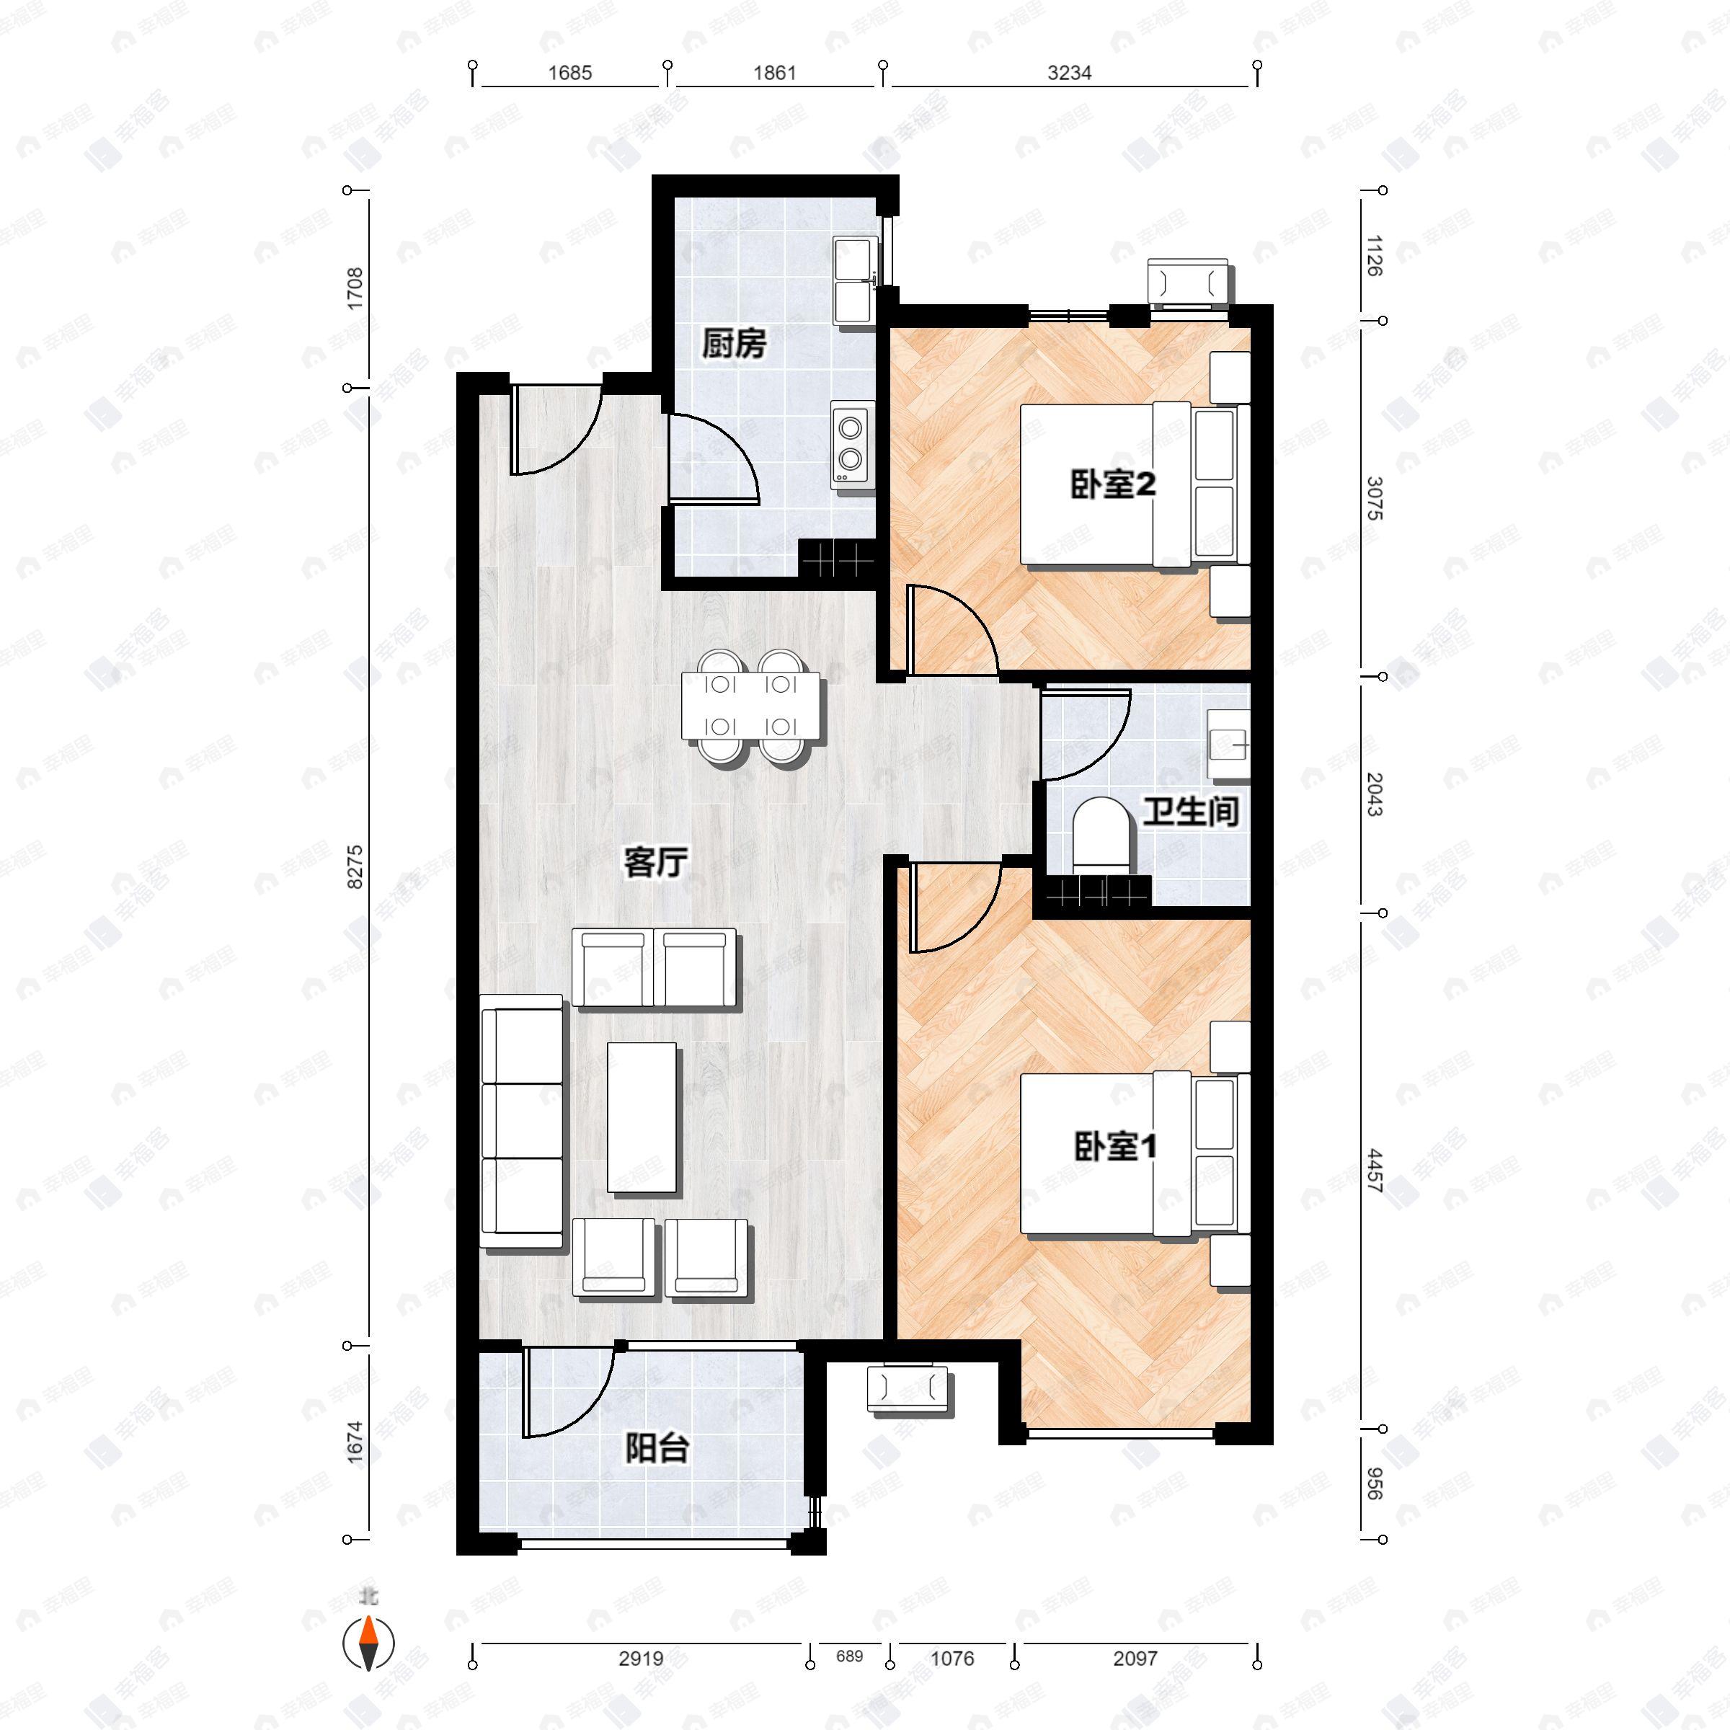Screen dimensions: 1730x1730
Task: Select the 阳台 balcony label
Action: point(657,1448)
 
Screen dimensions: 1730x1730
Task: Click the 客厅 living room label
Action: point(655,864)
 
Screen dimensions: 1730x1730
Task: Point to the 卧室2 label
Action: point(1113,484)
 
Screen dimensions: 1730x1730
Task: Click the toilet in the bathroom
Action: point(1102,835)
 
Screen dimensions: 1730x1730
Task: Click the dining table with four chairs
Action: point(750,706)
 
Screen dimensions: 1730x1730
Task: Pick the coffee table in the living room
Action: point(643,1117)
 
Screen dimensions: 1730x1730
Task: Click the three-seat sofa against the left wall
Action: point(523,1122)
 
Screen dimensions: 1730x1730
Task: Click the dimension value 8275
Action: point(355,866)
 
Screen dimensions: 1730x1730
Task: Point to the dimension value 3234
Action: point(1069,73)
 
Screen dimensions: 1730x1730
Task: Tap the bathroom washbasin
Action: point(1228,744)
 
